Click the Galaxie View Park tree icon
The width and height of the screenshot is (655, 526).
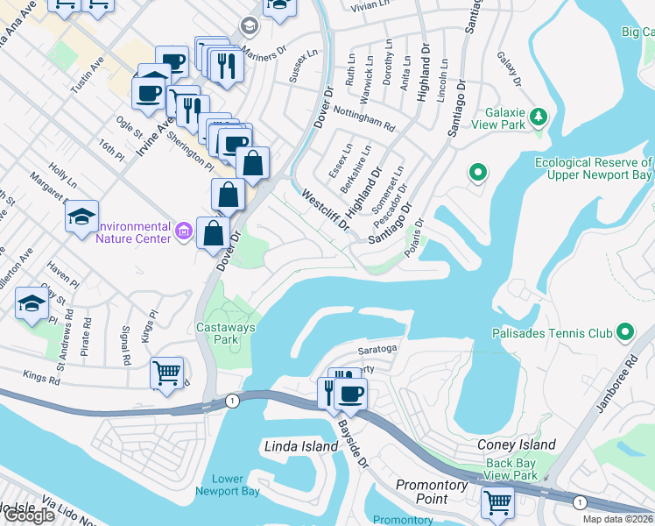coord(539,116)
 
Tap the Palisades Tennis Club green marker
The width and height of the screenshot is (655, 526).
coord(624,332)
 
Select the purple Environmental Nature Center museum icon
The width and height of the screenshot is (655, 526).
coord(183,231)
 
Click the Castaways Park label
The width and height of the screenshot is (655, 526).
coord(219,331)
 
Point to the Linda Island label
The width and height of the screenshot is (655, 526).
coord(301,446)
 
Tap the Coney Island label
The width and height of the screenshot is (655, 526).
coord(516,444)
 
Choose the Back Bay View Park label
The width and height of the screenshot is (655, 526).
coord(511,469)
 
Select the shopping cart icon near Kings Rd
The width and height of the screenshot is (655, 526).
coord(166,372)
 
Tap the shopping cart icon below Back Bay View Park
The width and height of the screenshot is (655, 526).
coord(497,502)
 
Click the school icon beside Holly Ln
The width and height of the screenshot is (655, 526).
coord(81,215)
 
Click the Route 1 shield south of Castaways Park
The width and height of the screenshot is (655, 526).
coord(231,401)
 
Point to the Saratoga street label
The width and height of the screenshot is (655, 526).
coord(378,348)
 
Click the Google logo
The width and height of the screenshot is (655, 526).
coord(30,515)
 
